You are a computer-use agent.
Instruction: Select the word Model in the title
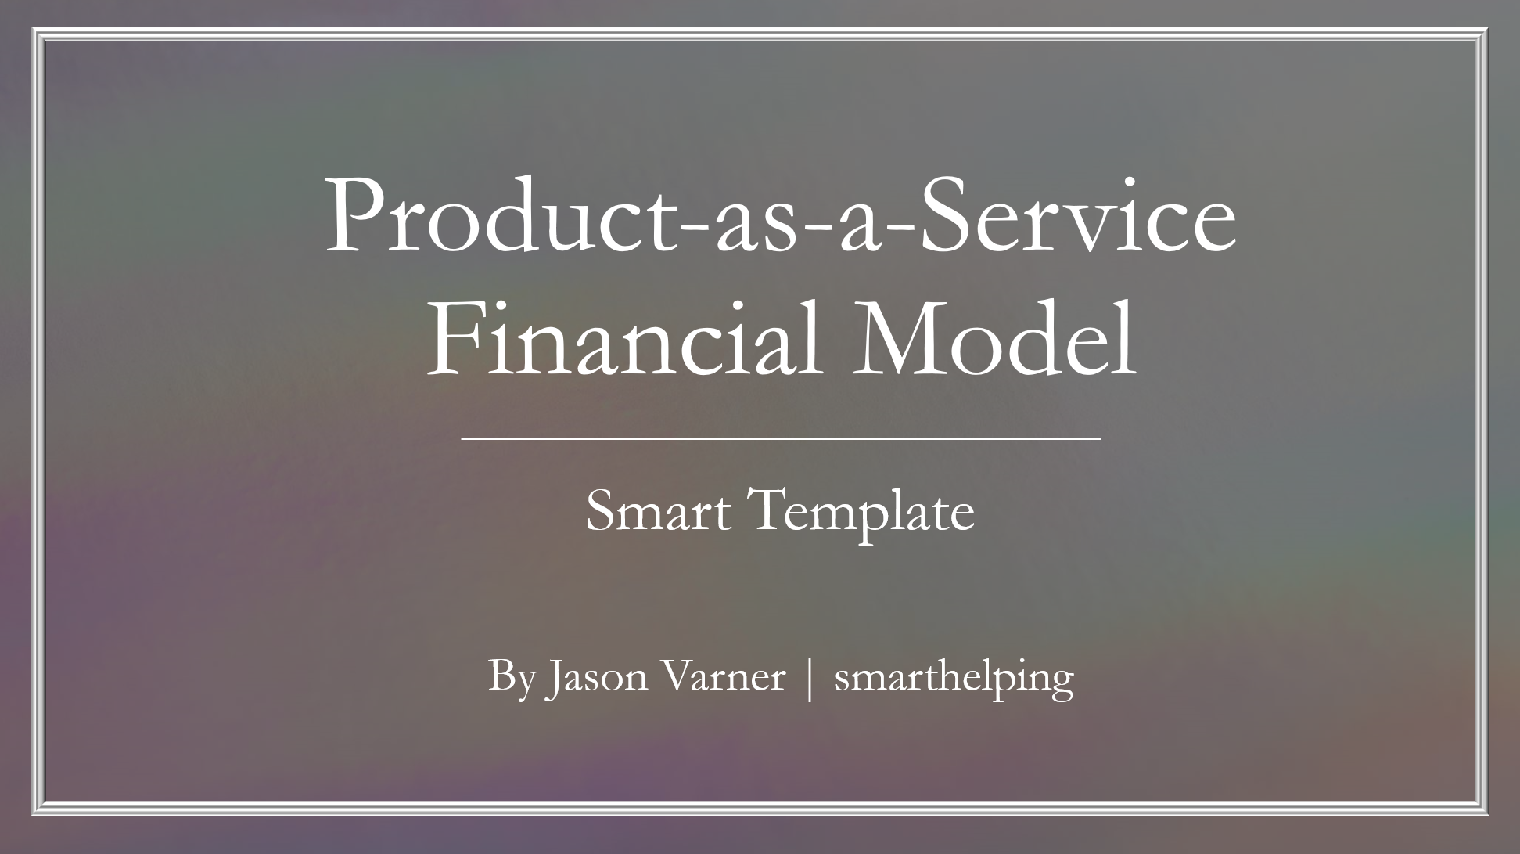(993, 338)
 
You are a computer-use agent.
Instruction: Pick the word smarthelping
(954, 678)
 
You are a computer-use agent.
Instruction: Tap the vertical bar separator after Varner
(810, 678)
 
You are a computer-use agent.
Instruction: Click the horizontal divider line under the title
(781, 439)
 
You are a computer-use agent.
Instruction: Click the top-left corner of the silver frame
(33, 28)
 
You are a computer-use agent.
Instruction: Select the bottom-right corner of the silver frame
(1486, 814)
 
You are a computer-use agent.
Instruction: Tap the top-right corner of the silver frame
(1486, 28)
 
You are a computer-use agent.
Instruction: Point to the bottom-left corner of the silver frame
(33, 814)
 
